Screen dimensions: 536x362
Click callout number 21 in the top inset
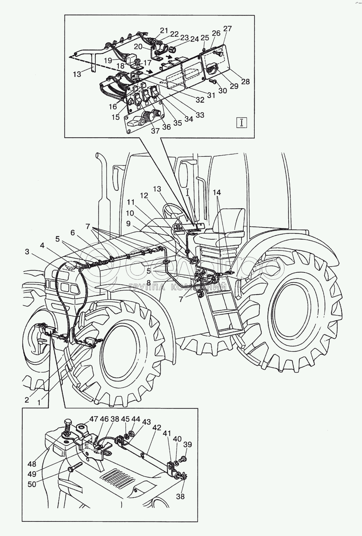[164, 30]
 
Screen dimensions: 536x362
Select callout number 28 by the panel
[245, 81]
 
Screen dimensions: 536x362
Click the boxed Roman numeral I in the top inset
[242, 123]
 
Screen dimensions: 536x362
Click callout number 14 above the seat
[217, 192]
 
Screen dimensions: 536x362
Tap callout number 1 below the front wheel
[39, 402]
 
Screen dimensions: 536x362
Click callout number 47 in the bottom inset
[94, 419]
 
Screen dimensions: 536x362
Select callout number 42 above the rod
[157, 428]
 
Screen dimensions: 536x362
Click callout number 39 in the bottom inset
[187, 444]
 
